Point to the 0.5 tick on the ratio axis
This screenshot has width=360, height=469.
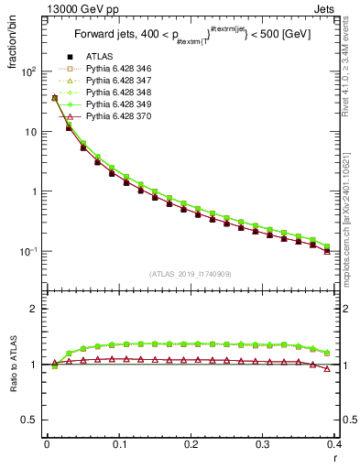pyautogui.click(x=29, y=420)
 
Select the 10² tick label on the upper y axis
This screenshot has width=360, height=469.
pyautogui.click(x=27, y=71)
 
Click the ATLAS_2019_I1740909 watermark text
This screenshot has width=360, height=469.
pyautogui.click(x=191, y=274)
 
